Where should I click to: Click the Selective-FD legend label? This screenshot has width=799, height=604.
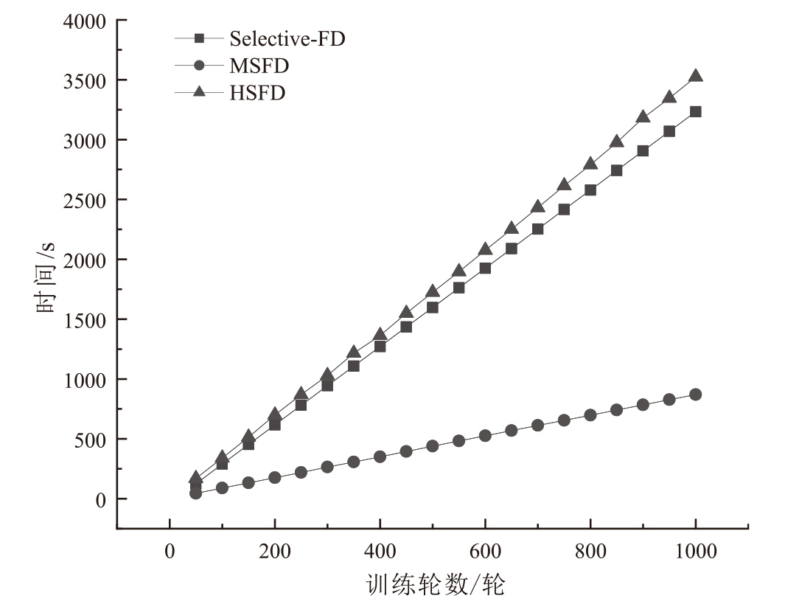[x=287, y=38]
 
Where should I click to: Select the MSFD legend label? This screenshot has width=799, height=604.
[x=259, y=66]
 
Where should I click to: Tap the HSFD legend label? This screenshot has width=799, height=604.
[x=257, y=93]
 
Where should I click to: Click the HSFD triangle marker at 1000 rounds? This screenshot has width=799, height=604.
[x=695, y=76]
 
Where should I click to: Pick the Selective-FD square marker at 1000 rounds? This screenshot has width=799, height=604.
[x=695, y=111]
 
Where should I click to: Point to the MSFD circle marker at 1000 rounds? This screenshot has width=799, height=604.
[x=695, y=395]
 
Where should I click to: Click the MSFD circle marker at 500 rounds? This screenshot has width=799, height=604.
[x=433, y=446]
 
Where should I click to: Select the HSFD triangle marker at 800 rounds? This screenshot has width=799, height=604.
[x=590, y=164]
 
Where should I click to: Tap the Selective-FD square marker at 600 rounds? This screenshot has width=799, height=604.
[x=485, y=268]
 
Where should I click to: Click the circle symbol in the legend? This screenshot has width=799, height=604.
[x=198, y=66]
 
